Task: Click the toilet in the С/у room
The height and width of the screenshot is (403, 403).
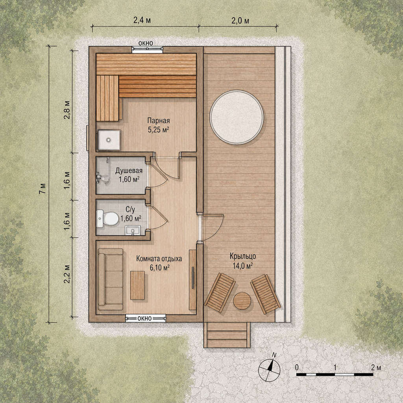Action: [107, 218]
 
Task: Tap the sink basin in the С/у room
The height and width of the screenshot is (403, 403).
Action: [133, 231]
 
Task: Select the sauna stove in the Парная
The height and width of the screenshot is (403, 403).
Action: [109, 140]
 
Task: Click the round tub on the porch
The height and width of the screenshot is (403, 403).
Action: [237, 117]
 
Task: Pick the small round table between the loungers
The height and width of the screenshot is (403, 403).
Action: [242, 301]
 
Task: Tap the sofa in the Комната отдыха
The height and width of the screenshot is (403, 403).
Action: [111, 279]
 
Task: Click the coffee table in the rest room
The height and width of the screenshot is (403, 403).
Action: [137, 285]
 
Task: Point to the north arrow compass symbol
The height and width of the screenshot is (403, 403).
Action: [269, 369]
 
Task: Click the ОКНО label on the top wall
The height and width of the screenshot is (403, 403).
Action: [146, 43]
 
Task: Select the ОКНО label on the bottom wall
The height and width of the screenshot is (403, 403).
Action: [144, 318]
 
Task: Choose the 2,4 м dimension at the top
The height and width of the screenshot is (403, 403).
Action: [142, 20]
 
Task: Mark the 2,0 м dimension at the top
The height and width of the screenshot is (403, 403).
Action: [240, 21]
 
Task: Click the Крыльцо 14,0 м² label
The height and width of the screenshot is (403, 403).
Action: [242, 261]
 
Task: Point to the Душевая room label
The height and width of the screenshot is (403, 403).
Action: [129, 170]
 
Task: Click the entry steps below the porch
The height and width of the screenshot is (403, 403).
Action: [227, 335]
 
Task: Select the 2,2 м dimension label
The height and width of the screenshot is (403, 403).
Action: [67, 274]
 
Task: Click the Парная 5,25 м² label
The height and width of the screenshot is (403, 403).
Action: [158, 125]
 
